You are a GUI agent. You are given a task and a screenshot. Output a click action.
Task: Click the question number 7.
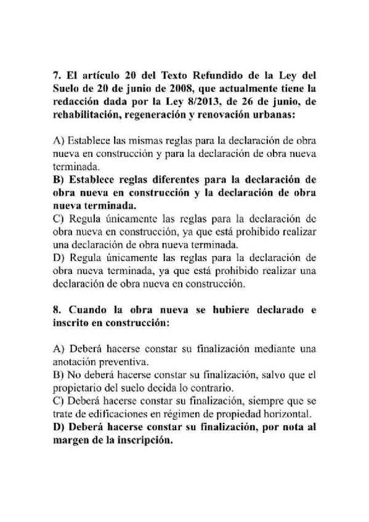point(56,76)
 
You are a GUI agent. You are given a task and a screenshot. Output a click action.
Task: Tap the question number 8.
point(56,311)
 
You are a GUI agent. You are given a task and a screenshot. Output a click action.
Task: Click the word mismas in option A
point(141,141)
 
